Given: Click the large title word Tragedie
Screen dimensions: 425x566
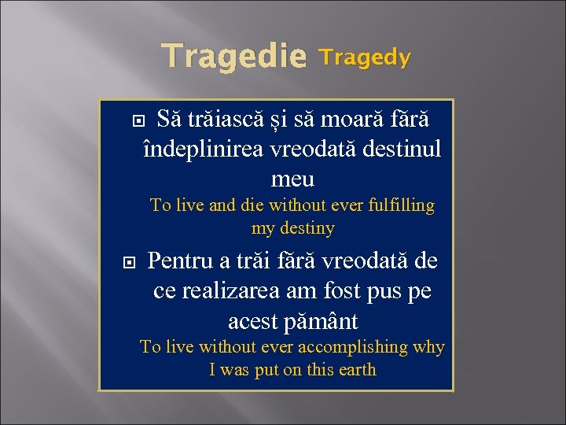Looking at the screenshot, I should click(233, 57).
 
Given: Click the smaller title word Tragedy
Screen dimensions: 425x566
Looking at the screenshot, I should click(365, 57).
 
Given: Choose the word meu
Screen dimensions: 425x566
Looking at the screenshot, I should click(292, 179).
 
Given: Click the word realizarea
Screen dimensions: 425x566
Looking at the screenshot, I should click(237, 291).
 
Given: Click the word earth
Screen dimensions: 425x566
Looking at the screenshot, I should click(355, 370).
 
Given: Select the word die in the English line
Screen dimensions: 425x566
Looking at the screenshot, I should click(252, 205).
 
